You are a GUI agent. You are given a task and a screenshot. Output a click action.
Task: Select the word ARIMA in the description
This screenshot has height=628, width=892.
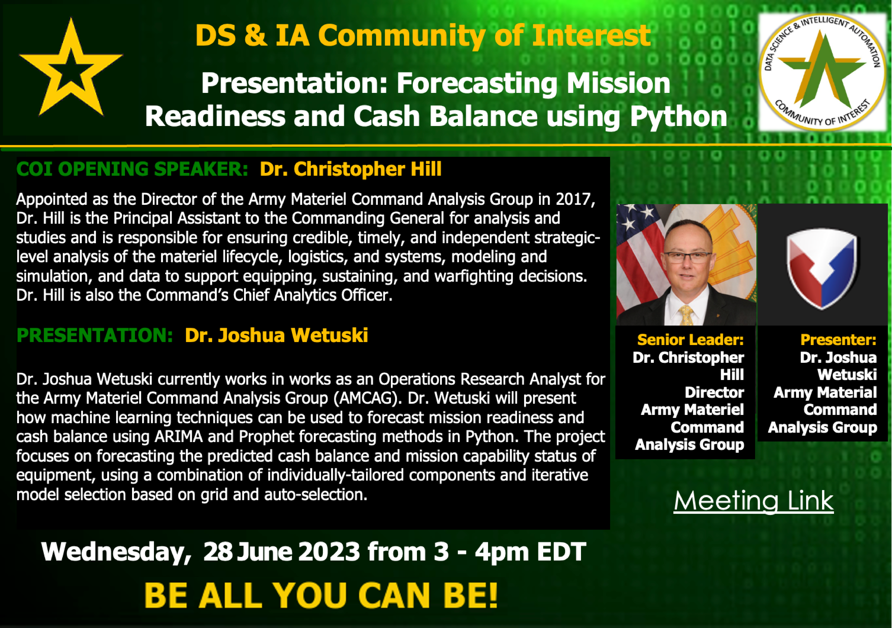tap(179, 437)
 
